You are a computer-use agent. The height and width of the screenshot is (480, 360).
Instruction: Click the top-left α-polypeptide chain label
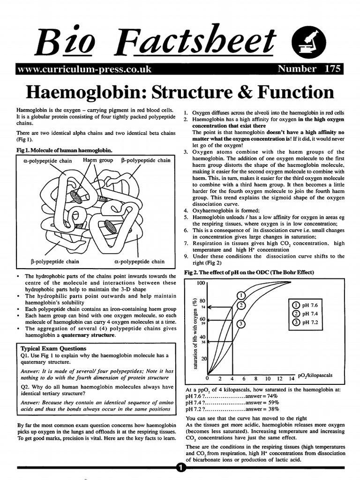click(x=47, y=161)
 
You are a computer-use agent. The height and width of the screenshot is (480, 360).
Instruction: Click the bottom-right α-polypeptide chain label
click(x=139, y=262)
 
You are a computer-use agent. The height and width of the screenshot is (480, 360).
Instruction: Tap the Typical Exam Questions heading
click(x=54, y=349)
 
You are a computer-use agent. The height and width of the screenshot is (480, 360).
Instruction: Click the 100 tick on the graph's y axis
click(x=201, y=284)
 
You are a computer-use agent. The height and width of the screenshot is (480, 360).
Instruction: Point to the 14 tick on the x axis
click(x=291, y=379)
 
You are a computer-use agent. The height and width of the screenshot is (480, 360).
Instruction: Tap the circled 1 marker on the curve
click(x=241, y=295)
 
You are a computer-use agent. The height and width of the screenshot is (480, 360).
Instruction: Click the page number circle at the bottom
click(x=180, y=467)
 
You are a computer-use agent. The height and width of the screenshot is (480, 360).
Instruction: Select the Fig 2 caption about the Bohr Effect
click(x=249, y=272)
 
